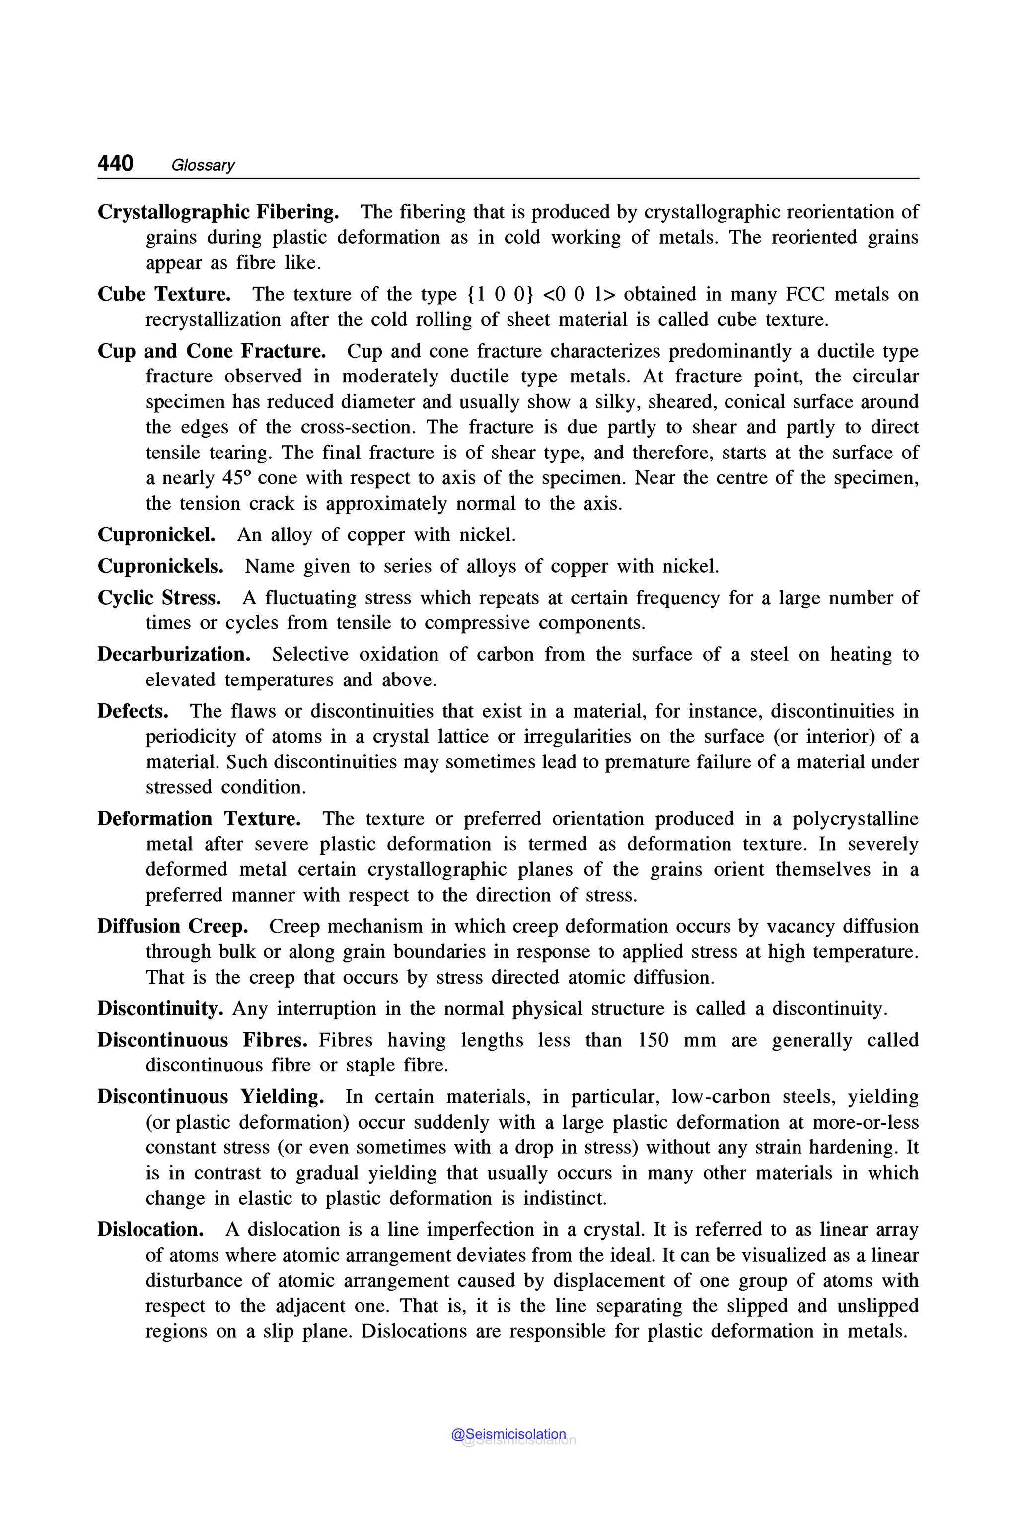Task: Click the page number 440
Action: coord(115,163)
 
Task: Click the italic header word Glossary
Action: coord(203,165)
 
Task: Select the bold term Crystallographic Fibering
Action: coord(218,212)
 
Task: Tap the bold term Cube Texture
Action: coord(164,295)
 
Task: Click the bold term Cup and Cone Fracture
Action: coord(212,351)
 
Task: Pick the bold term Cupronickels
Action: coord(160,566)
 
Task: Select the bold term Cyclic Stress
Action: coord(159,598)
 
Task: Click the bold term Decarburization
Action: coord(174,654)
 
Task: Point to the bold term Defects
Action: coord(133,711)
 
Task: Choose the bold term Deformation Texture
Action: coord(199,819)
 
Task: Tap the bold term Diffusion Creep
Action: coord(172,926)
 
